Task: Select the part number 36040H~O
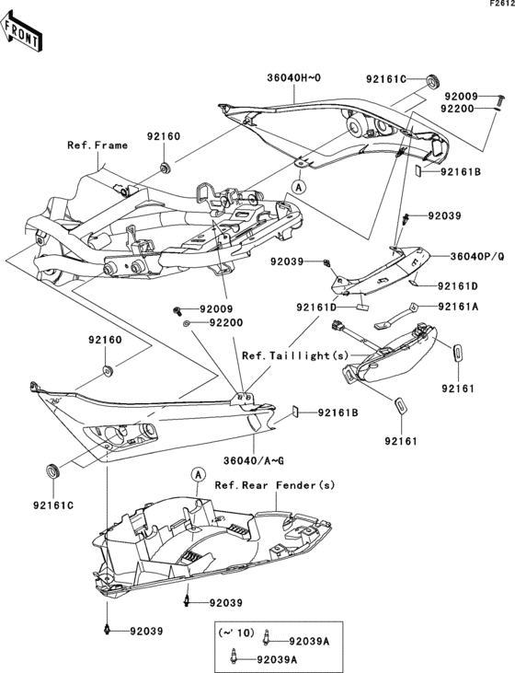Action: [x=293, y=79]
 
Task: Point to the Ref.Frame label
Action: [x=96, y=145]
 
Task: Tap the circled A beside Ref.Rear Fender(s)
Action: [x=198, y=475]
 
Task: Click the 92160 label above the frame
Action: [x=163, y=136]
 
